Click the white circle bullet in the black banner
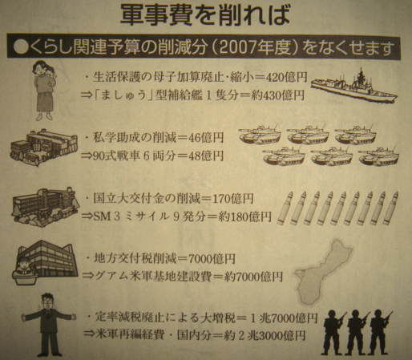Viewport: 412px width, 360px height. [21, 48]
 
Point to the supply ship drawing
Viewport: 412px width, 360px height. [354, 86]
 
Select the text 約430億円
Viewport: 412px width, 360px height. [278, 95]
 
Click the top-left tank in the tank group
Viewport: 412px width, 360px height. [260, 134]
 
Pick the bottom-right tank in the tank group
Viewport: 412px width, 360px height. [379, 156]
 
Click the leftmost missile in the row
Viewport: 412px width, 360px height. [285, 208]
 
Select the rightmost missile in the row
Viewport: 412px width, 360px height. [390, 208]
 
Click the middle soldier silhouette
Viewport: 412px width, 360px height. [358, 332]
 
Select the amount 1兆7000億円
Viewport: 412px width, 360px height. [284, 318]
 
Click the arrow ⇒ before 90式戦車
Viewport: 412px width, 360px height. [87, 156]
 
